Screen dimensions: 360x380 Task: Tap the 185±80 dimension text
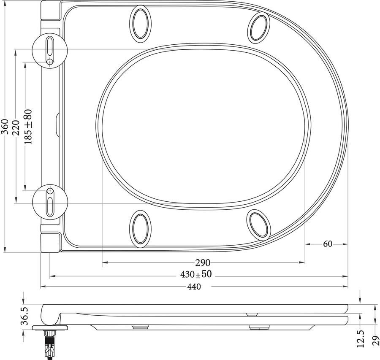(28, 127)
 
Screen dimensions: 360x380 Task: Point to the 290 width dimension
(203, 263)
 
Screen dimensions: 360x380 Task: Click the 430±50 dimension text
(196, 275)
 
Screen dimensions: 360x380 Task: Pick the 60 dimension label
(327, 244)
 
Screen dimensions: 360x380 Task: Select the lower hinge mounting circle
(50, 201)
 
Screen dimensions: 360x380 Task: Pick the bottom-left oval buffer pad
(139, 228)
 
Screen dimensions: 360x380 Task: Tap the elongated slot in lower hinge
(50, 207)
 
